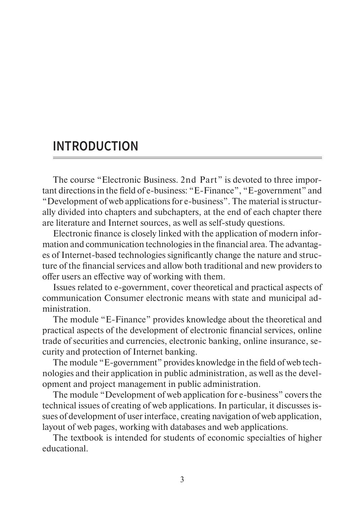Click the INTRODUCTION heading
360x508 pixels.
coord(95,146)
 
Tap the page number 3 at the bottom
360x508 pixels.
coord(182,479)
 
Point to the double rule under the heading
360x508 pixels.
coord(187,158)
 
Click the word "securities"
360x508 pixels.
coord(91,341)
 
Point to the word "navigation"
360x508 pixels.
coord(241,416)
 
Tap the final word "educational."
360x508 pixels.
coord(65,448)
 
